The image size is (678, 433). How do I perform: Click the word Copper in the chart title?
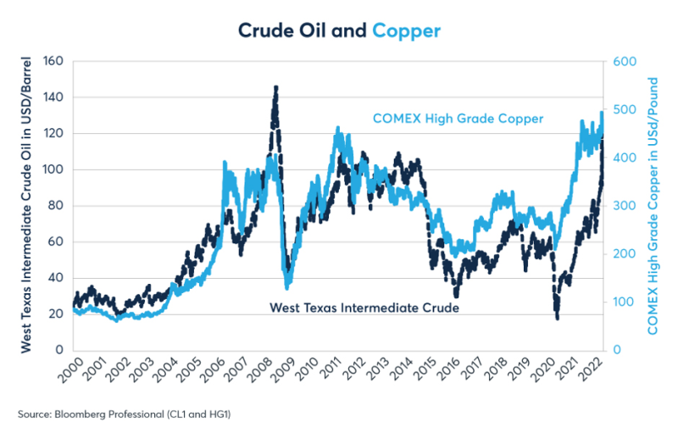[x=406, y=31]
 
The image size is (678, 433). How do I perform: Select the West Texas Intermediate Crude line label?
[x=364, y=308]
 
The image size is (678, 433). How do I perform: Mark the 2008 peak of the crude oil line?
[x=275, y=86]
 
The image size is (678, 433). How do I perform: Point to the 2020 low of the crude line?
[x=558, y=318]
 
